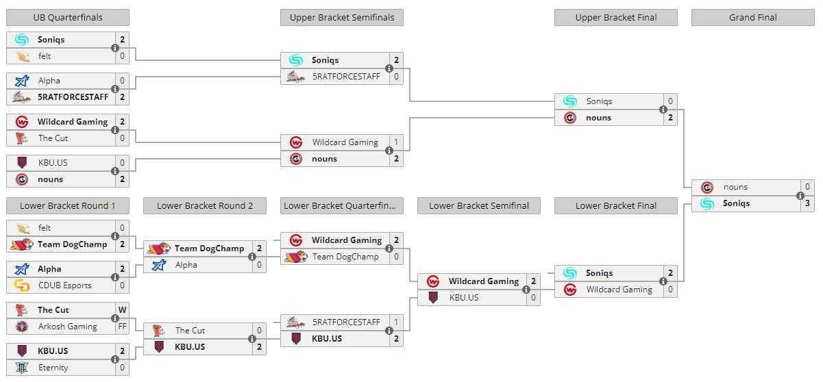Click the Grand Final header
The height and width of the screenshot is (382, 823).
pyautogui.click(x=753, y=18)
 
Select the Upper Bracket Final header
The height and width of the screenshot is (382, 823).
pyautogui.click(x=616, y=18)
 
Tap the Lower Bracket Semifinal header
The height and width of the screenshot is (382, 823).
pyautogui.click(x=479, y=206)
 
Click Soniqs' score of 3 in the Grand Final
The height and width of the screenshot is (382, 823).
pyautogui.click(x=807, y=203)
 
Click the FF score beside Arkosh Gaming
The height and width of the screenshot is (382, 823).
pyautogui.click(x=123, y=327)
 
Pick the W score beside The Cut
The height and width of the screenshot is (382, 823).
pyautogui.click(x=123, y=310)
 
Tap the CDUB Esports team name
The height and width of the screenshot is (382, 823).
pyautogui.click(x=64, y=285)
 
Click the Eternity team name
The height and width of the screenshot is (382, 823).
pyautogui.click(x=53, y=368)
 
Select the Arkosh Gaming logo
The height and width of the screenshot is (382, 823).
pyautogui.click(x=22, y=327)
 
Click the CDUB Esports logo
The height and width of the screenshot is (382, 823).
pyautogui.click(x=22, y=285)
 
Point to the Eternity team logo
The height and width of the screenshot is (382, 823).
pyautogui.click(x=22, y=368)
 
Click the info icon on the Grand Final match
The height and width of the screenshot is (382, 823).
pyautogui.click(x=800, y=196)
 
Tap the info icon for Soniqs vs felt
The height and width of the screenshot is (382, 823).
pyautogui.click(x=115, y=48)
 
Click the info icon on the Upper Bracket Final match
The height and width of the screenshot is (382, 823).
pyautogui.click(x=663, y=110)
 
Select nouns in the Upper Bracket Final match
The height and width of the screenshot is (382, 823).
pyautogui.click(x=598, y=118)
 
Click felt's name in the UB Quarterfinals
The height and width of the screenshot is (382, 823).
pyautogui.click(x=45, y=56)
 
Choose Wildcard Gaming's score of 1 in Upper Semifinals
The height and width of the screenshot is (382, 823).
pyautogui.click(x=396, y=142)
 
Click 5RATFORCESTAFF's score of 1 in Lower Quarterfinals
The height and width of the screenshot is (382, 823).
pyautogui.click(x=396, y=322)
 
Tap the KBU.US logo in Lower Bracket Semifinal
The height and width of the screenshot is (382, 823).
pyautogui.click(x=433, y=298)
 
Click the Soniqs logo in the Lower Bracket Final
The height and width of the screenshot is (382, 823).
pyautogui.click(x=570, y=273)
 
